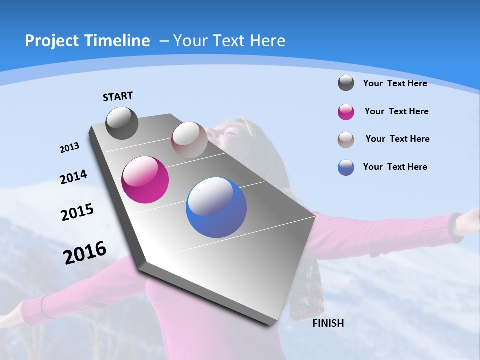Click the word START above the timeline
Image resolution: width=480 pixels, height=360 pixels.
coord(118,96)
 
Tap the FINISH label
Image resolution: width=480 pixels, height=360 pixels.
coord(328,323)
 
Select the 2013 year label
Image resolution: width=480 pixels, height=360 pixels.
coord(69,148)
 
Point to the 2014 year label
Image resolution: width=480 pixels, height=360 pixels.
coord(73,177)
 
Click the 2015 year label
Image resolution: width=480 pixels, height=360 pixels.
coord(77,212)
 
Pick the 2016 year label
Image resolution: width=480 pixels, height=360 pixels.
coord(85,253)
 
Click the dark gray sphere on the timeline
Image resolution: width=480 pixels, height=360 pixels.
coord(122,123)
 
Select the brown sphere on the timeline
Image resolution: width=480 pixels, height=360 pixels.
coord(189,140)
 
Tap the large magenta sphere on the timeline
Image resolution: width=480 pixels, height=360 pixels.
coord(145,180)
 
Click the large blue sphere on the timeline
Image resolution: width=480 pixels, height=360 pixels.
coord(216,207)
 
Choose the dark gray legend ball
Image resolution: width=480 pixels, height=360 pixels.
coord(346,83)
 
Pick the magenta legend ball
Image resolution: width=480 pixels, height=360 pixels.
coord(346,112)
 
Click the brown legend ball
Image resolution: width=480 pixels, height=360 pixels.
coord(346,139)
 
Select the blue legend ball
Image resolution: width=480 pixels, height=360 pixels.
coord(346,167)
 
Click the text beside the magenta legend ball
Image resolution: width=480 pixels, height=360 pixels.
coord(396,111)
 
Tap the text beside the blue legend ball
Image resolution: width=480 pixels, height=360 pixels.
coord(395,167)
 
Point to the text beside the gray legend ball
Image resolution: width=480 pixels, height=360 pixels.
coord(395,83)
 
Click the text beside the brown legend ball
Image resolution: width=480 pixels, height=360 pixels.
coord(397,139)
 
